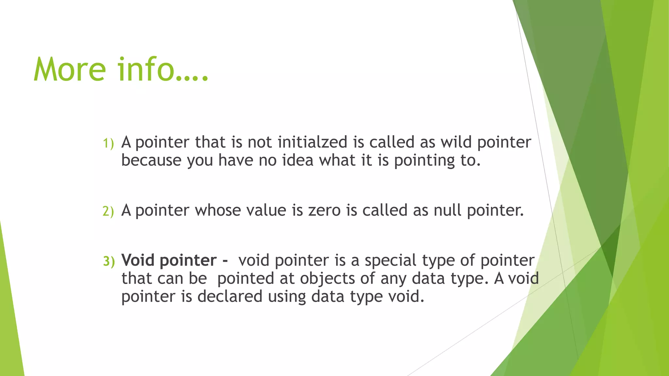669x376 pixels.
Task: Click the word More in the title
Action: click(70, 70)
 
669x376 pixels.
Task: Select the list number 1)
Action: click(108, 143)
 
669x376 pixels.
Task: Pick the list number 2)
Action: click(108, 211)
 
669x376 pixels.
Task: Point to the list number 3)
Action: click(109, 261)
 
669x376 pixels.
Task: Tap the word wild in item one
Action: click(456, 142)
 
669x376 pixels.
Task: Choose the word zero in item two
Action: click(324, 211)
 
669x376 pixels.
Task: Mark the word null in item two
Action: click(448, 211)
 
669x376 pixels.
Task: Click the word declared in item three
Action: click(230, 296)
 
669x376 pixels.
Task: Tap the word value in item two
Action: click(266, 211)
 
